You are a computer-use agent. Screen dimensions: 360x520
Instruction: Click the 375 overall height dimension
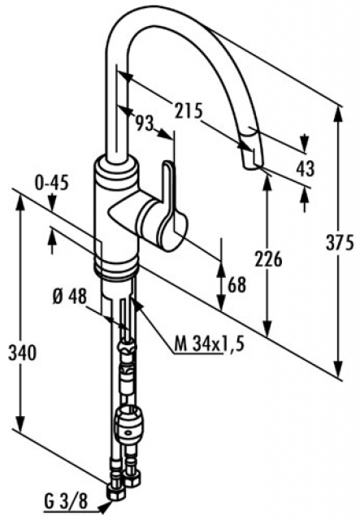pos(340,244)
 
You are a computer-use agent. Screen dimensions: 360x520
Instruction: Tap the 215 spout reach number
pos(189,110)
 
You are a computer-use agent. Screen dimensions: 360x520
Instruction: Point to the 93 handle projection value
pos(145,123)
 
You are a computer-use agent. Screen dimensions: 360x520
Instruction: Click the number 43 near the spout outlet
pos(305,168)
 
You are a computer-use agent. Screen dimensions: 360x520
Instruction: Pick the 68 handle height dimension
pos(237,284)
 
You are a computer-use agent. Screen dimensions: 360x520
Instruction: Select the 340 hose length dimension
pos(22,353)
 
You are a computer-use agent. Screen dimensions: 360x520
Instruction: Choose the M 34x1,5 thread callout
pos(210,344)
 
